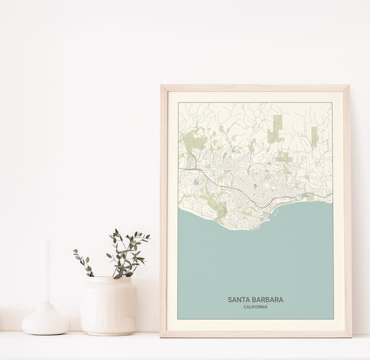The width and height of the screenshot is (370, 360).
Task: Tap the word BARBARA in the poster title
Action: click(268, 299)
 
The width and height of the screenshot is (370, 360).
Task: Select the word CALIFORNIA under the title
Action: click(255, 308)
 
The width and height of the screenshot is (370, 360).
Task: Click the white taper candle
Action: click(46, 271)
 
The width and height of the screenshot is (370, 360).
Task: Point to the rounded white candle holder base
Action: click(46, 321)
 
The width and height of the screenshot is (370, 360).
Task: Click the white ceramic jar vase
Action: click(109, 305)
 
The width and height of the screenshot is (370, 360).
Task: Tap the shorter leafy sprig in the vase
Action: click(83, 262)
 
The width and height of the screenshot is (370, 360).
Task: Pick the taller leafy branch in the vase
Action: click(128, 250)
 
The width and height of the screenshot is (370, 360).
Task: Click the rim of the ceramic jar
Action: click(109, 280)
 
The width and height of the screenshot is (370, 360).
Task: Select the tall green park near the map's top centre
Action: click(276, 128)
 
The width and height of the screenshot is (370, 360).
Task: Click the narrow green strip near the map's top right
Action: click(314, 135)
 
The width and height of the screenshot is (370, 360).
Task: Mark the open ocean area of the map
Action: click(255, 259)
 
